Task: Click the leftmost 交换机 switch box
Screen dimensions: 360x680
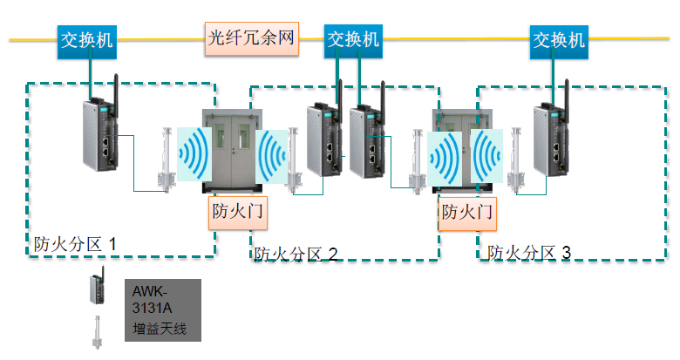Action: (x=86, y=40)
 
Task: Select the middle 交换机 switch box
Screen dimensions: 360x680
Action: (x=353, y=40)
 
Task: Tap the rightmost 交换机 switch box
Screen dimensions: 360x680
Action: (x=559, y=40)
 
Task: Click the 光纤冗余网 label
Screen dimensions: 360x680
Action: (x=253, y=38)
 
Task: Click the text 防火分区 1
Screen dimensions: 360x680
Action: (x=75, y=243)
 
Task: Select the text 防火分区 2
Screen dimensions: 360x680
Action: (x=296, y=254)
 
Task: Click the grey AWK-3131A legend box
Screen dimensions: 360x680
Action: (x=162, y=309)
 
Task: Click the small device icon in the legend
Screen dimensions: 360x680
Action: (x=94, y=289)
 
